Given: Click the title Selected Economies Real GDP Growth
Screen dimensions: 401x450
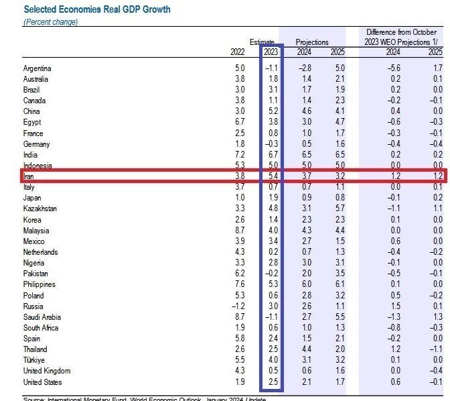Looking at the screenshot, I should click(x=97, y=9).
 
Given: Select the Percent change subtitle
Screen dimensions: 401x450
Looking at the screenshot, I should click(x=51, y=22).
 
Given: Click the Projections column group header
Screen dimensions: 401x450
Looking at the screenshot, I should click(x=312, y=42).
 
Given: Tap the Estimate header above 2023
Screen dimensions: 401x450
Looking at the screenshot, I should click(x=262, y=42).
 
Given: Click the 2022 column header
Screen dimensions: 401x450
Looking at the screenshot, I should click(x=236, y=53).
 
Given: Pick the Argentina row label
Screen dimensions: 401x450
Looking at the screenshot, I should click(x=37, y=68).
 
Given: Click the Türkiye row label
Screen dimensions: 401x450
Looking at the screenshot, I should click(x=35, y=360).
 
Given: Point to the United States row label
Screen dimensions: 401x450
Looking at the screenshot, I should click(x=44, y=382).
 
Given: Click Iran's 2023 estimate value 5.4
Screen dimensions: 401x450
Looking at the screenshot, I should click(x=272, y=176).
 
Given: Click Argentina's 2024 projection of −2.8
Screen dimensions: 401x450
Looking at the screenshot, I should click(x=305, y=68).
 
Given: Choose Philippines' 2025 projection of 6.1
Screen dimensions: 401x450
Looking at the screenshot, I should click(x=338, y=285).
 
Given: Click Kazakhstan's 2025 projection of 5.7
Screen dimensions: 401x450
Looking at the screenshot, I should click(x=338, y=209).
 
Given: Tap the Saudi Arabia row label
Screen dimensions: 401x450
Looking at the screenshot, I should click(x=42, y=317).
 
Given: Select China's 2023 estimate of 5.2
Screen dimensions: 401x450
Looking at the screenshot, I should click(x=272, y=111).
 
